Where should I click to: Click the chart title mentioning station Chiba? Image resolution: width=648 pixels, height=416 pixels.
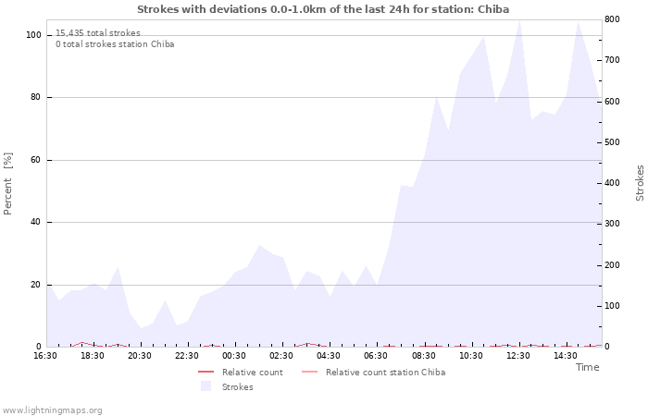tap(323, 9)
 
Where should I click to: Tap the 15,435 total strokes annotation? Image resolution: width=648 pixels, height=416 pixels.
tap(98, 33)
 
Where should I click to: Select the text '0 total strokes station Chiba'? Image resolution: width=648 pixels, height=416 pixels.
tap(115, 44)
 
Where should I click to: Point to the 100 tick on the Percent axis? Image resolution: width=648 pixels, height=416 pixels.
tap(33, 35)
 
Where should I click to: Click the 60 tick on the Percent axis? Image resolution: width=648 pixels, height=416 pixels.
tap(35, 160)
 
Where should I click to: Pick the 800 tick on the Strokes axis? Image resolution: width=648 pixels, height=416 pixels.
tap(612, 19)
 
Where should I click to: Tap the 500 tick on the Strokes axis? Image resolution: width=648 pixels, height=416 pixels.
tap(612, 142)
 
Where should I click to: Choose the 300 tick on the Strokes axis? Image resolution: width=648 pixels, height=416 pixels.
tap(612, 224)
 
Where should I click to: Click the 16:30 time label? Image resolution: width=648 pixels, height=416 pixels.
tap(45, 356)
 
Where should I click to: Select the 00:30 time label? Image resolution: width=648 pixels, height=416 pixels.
tap(234, 356)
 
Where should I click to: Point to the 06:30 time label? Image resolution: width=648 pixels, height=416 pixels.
tap(376, 356)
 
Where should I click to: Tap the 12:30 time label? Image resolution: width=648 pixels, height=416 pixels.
tap(517, 356)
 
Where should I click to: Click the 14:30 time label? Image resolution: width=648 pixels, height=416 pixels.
tap(565, 356)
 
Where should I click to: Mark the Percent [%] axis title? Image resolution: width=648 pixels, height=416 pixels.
tap(7, 184)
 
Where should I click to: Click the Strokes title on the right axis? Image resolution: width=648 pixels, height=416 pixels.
tap(640, 183)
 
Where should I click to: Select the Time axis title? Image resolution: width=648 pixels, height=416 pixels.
tap(587, 367)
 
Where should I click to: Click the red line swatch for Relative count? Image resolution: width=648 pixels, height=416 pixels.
tap(206, 373)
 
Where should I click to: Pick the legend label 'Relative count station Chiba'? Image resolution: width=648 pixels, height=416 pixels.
tap(386, 373)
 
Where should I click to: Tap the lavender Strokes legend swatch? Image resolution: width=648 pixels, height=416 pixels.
tap(206, 386)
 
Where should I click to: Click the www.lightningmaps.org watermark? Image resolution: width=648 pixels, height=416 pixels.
tap(52, 410)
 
